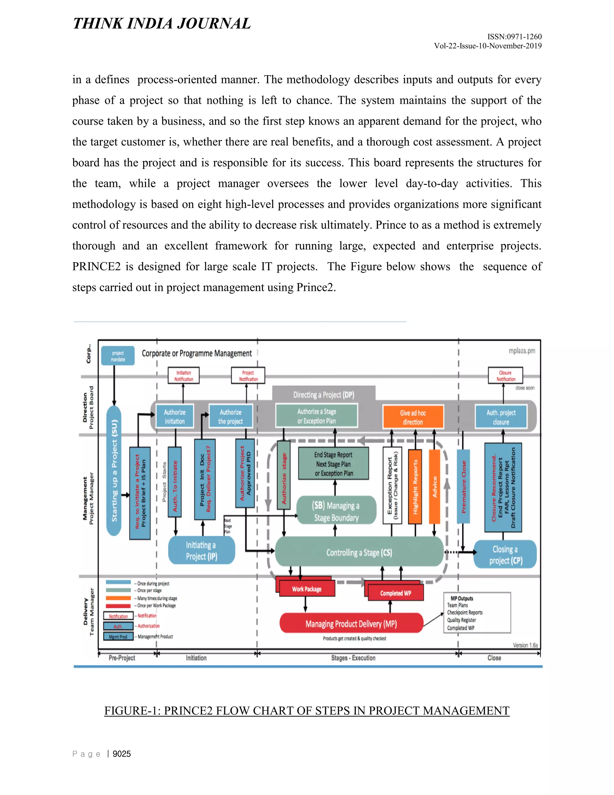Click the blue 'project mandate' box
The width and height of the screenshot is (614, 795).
(118, 355)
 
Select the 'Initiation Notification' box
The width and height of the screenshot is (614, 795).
(184, 375)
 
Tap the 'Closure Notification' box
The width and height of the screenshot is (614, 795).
(505, 375)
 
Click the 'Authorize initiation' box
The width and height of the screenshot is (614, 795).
(174, 416)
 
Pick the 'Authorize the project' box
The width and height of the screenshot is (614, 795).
(230, 416)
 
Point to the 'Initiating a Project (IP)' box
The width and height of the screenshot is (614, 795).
(201, 550)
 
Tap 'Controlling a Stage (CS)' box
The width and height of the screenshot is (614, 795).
(359, 552)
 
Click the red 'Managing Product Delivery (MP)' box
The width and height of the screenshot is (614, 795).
(351, 624)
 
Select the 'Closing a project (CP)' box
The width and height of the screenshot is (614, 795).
(505, 554)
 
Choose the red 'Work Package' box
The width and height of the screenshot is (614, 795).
(307, 589)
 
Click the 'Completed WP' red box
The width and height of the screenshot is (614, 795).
(396, 592)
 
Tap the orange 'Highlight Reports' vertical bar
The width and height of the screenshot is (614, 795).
(415, 486)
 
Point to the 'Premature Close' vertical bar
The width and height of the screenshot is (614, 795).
(463, 486)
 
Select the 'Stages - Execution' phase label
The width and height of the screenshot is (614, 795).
(353, 658)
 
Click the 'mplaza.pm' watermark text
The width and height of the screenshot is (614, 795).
(522, 350)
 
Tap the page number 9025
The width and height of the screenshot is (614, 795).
(121, 754)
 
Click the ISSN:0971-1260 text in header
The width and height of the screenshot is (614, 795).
(514, 36)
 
